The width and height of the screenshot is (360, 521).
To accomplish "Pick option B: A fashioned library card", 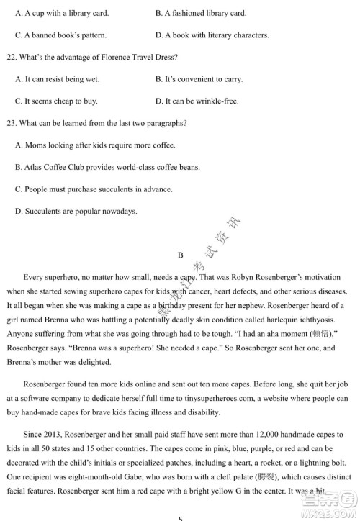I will pos(201,13).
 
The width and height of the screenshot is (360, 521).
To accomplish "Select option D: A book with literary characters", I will pos(212,35).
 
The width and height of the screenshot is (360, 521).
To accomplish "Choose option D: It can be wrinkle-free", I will pos(197,101).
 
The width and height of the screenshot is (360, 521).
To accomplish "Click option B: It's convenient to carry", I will pos(199,79).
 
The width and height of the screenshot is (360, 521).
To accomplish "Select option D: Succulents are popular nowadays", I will pos(76,212).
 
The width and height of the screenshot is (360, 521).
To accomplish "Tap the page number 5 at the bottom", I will pos(181,517).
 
